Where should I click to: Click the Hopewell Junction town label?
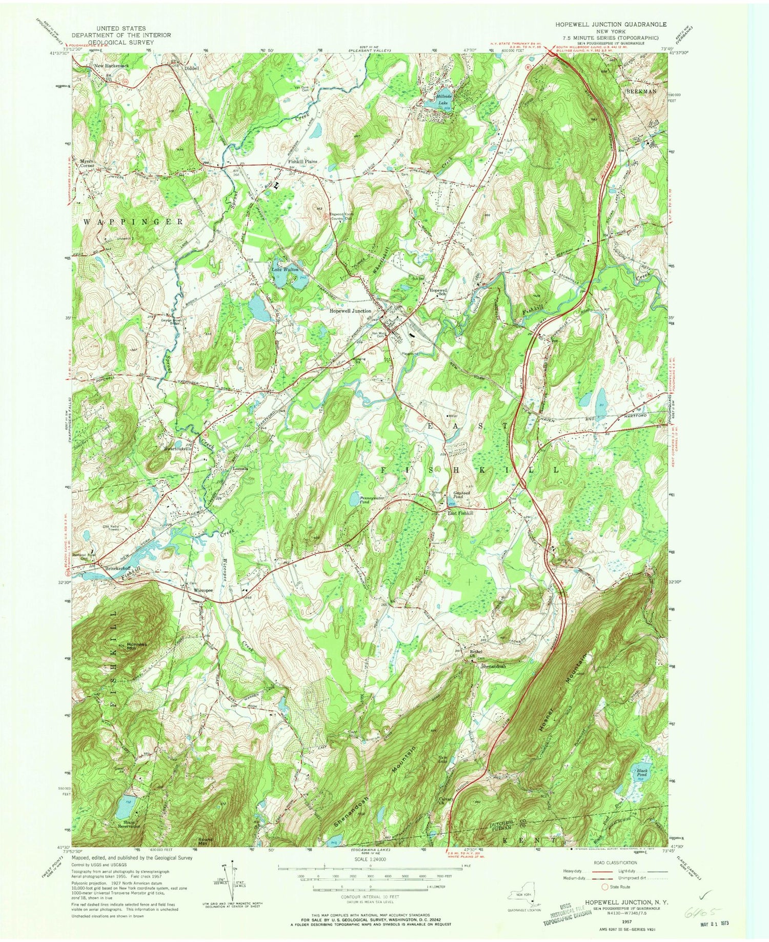[x=351, y=311]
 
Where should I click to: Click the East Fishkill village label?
[x=460, y=513]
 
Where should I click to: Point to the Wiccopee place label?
[x=203, y=590]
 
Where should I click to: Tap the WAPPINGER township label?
[x=131, y=222]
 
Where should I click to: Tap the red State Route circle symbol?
[x=605, y=887]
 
